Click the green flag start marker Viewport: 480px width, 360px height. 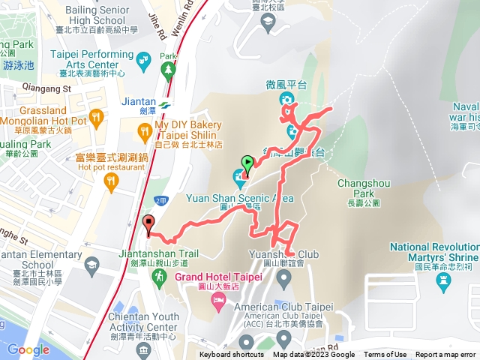(x=247, y=162)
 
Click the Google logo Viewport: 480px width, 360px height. (x=28, y=349)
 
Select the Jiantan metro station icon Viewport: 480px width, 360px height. (x=164, y=106)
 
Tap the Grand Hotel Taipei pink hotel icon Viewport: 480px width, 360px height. (x=217, y=301)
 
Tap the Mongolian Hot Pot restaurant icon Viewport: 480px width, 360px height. (x=95, y=117)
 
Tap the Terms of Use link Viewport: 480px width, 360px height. (x=385, y=355)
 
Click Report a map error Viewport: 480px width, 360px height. (x=447, y=355)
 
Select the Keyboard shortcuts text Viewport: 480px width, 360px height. (x=232, y=355)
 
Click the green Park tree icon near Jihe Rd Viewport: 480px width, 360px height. (x=167, y=70)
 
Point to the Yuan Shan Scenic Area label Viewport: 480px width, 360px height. (x=240, y=199)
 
